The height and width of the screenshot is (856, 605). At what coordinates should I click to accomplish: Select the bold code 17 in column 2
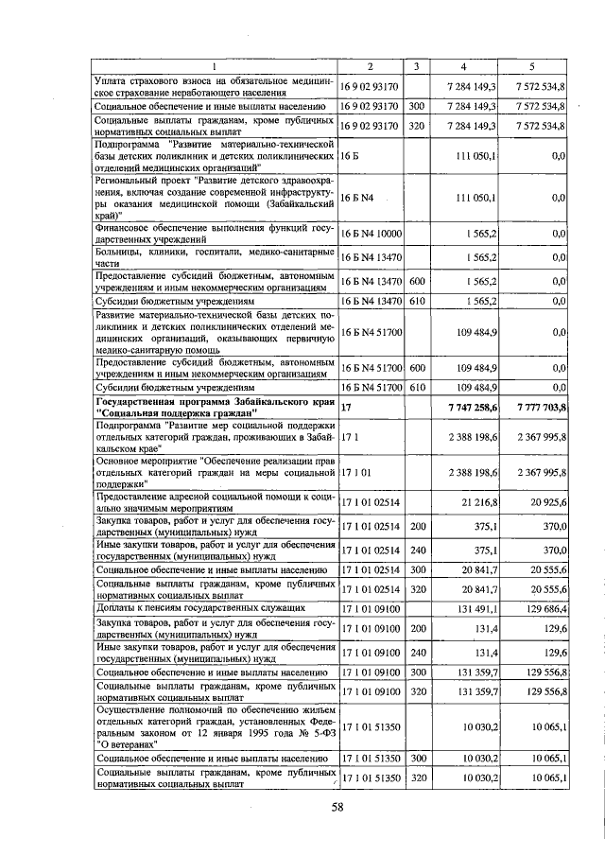pos(346,406)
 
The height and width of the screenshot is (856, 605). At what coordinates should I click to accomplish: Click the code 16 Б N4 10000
pos(372,234)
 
